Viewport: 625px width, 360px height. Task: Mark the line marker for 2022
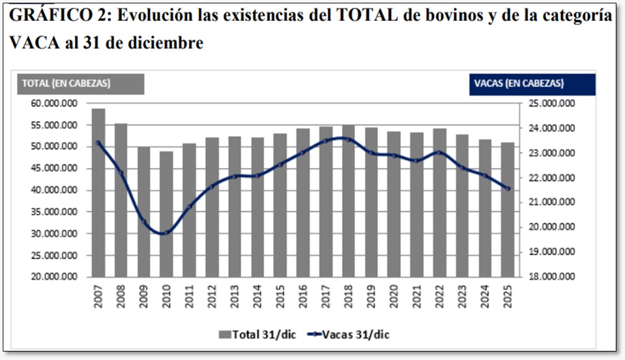point(439,153)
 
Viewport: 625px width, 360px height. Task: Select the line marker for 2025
point(508,189)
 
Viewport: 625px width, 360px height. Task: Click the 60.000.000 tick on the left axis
point(55,104)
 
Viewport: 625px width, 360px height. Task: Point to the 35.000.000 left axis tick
point(55,212)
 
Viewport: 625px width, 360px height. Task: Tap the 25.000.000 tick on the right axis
point(549,104)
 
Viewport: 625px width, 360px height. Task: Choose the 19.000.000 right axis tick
point(549,252)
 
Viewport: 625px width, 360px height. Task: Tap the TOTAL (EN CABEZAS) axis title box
point(80,83)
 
